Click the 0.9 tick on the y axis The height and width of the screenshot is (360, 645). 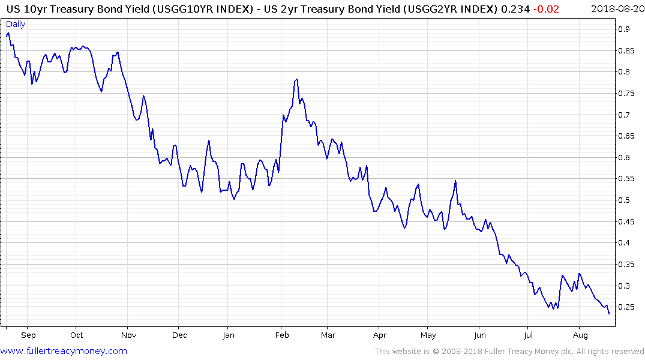(625, 29)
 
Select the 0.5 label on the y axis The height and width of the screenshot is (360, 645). (625, 200)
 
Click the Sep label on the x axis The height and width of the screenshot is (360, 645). (28, 335)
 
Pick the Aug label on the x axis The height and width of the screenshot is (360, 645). (580, 335)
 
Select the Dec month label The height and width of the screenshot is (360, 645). (179, 335)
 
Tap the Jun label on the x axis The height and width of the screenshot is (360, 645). (479, 335)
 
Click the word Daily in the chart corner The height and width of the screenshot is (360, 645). (16, 24)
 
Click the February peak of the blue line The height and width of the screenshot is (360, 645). (296, 79)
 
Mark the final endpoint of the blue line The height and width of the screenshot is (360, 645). (609, 314)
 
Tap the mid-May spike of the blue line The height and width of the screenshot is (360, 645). (456, 181)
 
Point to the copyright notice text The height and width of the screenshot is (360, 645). (509, 352)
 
